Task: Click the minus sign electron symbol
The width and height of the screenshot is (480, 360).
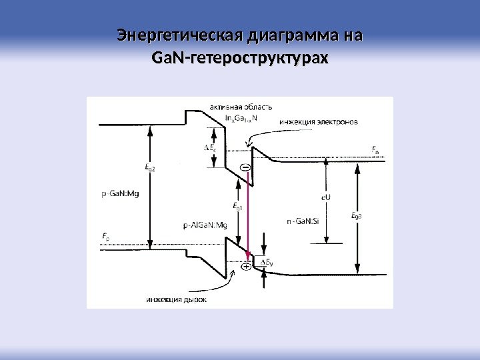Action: (245, 167)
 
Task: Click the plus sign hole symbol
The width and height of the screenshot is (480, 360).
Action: (245, 267)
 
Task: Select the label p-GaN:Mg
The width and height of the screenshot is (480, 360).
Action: (121, 194)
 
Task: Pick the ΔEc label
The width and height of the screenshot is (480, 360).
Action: (209, 147)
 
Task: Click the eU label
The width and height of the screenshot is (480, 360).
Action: (326, 197)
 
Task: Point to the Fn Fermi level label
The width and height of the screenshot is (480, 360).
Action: (375, 151)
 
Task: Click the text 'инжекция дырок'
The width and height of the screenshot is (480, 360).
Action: (176, 300)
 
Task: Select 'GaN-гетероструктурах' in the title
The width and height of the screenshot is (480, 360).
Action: (240, 60)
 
